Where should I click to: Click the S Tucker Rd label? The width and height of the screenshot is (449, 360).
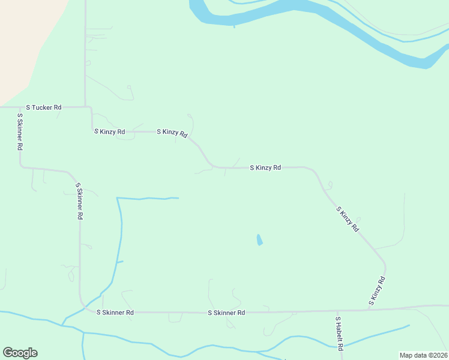pos(43,107)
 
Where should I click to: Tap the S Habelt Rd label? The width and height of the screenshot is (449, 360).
pos(339,334)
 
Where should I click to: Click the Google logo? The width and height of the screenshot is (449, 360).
pos(20,353)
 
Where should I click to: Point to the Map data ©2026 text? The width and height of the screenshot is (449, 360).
pos(423,355)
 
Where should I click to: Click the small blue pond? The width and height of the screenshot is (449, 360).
pos(259,240)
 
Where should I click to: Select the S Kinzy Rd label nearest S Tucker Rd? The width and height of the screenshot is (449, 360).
pos(109,131)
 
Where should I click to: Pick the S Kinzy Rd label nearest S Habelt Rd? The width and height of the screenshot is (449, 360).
pos(376,291)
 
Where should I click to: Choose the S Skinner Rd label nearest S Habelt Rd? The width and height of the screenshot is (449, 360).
pos(226,313)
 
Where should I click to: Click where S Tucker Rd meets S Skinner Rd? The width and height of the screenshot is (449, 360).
pos(20,107)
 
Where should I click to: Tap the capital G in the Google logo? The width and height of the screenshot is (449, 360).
pos(8,353)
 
